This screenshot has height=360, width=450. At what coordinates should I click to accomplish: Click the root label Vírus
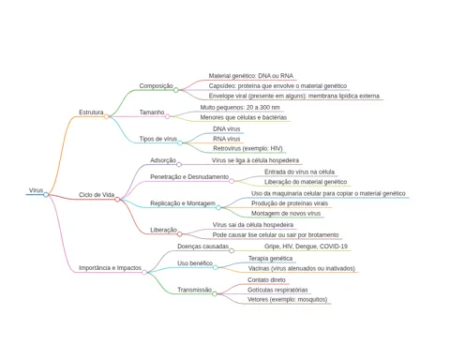coord(36,190)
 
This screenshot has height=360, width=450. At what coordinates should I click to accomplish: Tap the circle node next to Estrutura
coord(106,116)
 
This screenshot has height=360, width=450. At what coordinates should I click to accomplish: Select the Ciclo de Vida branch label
coord(97,195)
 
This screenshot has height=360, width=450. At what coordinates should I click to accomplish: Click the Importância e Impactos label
coord(110,268)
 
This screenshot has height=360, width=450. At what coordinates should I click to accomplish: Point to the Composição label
coord(156,85)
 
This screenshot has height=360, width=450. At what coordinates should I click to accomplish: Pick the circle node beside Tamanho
coord(167,116)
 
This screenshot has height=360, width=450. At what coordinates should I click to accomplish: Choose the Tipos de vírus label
coord(158,139)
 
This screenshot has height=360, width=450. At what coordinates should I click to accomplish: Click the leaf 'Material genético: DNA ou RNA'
coord(251,76)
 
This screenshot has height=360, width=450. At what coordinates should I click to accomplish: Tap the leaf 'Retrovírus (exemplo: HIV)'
coord(247,148)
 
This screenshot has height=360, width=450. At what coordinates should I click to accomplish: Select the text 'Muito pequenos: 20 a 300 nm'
coord(240,108)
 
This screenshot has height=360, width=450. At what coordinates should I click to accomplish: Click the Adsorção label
coord(163,160)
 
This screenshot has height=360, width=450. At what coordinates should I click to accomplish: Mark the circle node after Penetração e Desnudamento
coord(232,181)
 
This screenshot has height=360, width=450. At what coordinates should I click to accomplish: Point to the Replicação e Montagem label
coord(183,203)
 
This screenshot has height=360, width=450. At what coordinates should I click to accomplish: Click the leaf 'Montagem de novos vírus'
coord(286,214)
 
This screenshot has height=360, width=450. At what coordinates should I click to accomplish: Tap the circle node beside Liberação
coord(179,234)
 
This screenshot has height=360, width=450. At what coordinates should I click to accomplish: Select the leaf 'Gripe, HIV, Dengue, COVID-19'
coord(306,247)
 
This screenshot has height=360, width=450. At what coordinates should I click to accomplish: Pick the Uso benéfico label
coord(195,263)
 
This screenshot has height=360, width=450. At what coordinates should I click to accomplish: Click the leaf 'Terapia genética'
coord(271,259)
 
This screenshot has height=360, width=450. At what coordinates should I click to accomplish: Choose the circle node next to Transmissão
coord(215,293)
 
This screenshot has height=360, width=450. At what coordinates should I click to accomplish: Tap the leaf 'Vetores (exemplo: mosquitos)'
coord(288,299)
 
